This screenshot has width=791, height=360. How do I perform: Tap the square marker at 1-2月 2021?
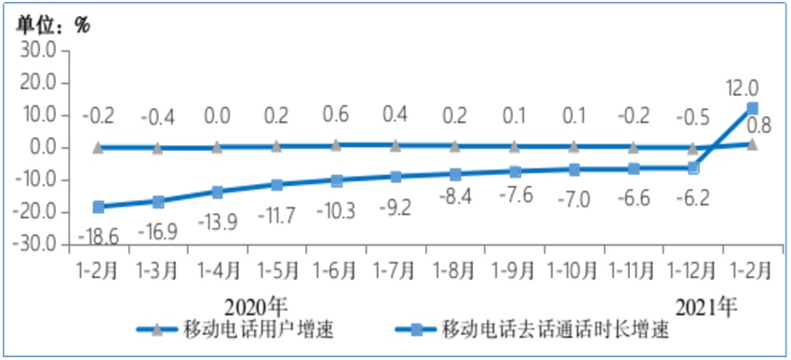tap(752, 108)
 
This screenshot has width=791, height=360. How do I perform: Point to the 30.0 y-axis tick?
tap(38, 50)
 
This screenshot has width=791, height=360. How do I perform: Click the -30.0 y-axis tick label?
tap(36, 246)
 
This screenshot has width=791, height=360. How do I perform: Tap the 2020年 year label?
tap(257, 305)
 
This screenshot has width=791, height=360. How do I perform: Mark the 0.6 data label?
tap(336, 117)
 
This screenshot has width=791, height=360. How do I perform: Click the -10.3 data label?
tap(335, 210)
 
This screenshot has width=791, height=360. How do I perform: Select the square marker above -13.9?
tap(217, 192)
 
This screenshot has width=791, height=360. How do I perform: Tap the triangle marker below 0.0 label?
tap(217, 147)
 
